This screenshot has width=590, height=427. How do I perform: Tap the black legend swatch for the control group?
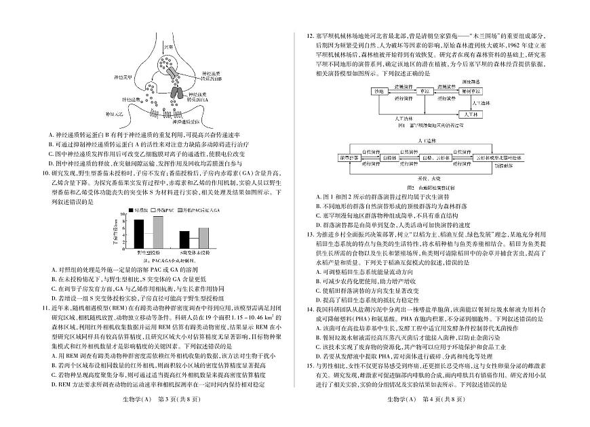tap(127, 211)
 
